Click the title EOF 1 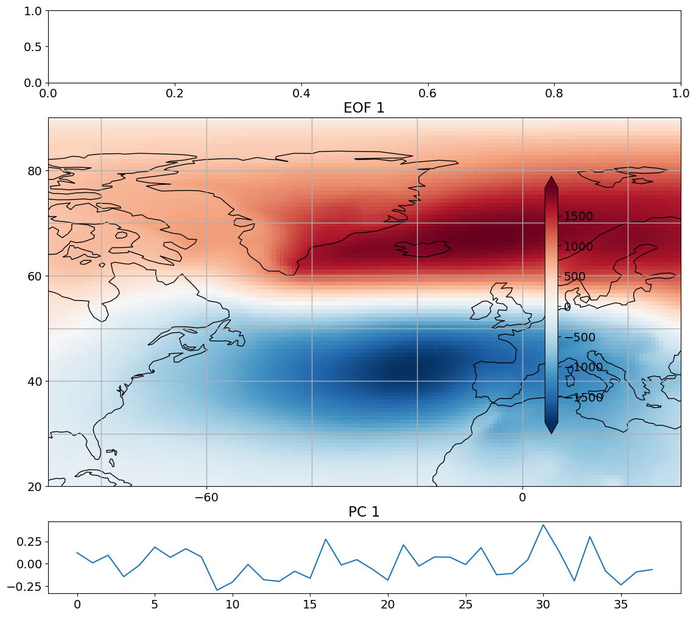click(x=364, y=108)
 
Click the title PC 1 click(x=364, y=512)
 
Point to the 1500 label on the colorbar click(x=578, y=217)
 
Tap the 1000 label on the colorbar click(x=578, y=246)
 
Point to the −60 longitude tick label click(x=206, y=497)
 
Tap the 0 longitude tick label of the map click(x=522, y=497)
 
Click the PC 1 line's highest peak click(x=543, y=525)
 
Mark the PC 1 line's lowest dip click(x=217, y=590)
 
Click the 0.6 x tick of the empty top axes click(x=428, y=94)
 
